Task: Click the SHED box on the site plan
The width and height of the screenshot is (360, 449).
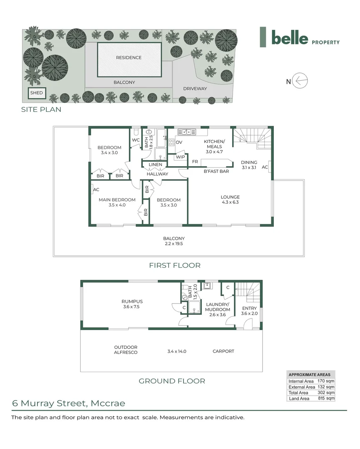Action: point(37,93)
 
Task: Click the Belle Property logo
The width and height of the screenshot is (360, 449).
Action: point(300,37)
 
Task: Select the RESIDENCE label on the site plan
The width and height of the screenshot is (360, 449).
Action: point(129,57)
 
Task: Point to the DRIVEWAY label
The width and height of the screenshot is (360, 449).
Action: point(195,89)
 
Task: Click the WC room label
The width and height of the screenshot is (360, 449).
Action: point(136,140)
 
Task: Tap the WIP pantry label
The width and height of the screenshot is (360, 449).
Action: point(180,157)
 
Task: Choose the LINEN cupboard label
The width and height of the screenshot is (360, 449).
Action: point(155,165)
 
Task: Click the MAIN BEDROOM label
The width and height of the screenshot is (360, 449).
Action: point(117,200)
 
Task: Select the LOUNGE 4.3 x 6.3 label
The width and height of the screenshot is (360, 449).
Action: point(230,200)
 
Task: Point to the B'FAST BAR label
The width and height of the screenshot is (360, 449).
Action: point(216,171)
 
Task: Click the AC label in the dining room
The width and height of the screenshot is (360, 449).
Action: point(265,167)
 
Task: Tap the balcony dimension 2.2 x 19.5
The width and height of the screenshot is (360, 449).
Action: point(174,244)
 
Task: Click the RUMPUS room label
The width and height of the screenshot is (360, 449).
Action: point(132,301)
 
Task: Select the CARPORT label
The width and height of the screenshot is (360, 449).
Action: point(223,351)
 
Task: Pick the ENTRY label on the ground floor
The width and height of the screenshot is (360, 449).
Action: point(249,308)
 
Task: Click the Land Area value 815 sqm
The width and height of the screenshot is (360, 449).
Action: point(326,398)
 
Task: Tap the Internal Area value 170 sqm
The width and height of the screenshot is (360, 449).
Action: point(326,381)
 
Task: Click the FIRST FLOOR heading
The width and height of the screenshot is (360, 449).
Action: point(175,265)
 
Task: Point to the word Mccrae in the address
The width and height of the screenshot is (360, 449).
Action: point(108,403)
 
